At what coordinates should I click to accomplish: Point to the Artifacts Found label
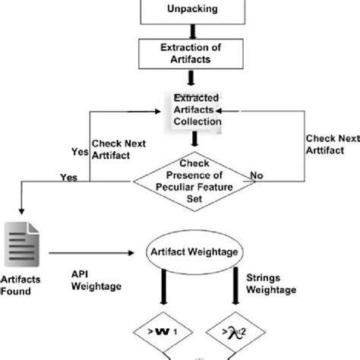pos(20,284)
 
